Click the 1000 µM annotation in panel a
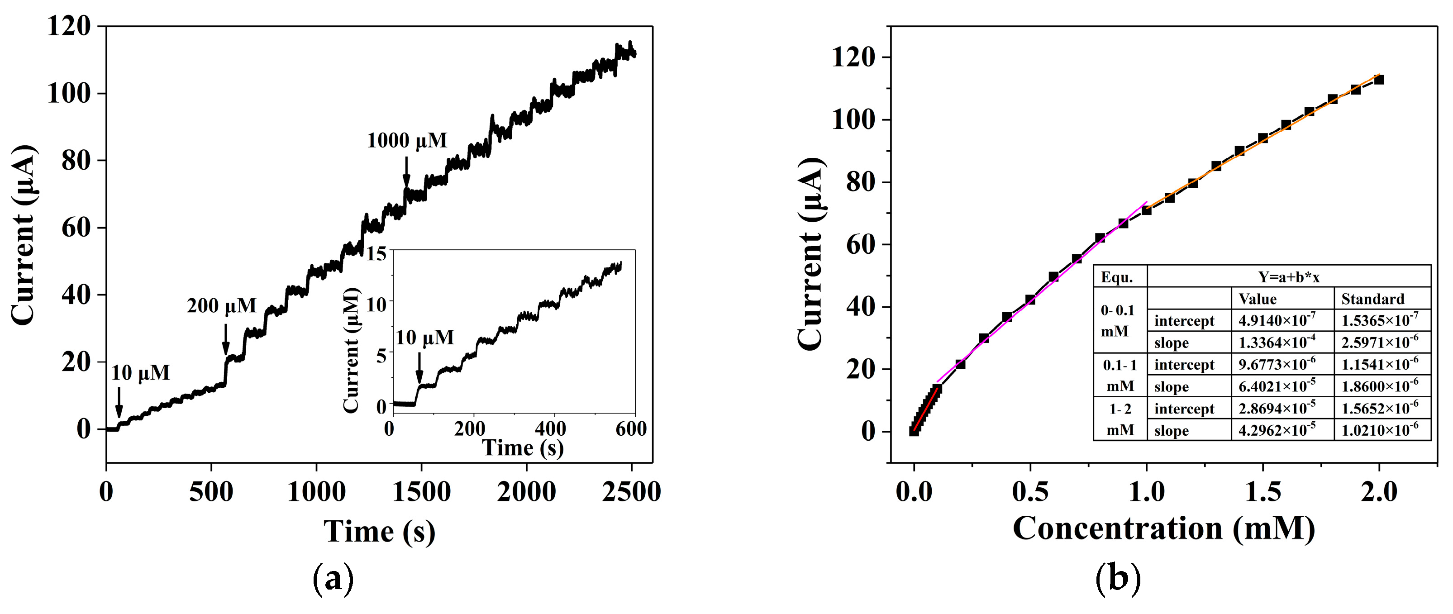[x=407, y=140]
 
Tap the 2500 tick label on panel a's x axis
[x=631, y=492]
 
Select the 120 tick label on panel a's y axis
[x=69, y=27]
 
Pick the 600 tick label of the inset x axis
[x=631, y=429]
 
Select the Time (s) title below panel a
[x=379, y=531]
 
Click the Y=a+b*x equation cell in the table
[x=1288, y=277]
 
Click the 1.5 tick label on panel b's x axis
[x=1262, y=492]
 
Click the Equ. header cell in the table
[x=1116, y=277]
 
